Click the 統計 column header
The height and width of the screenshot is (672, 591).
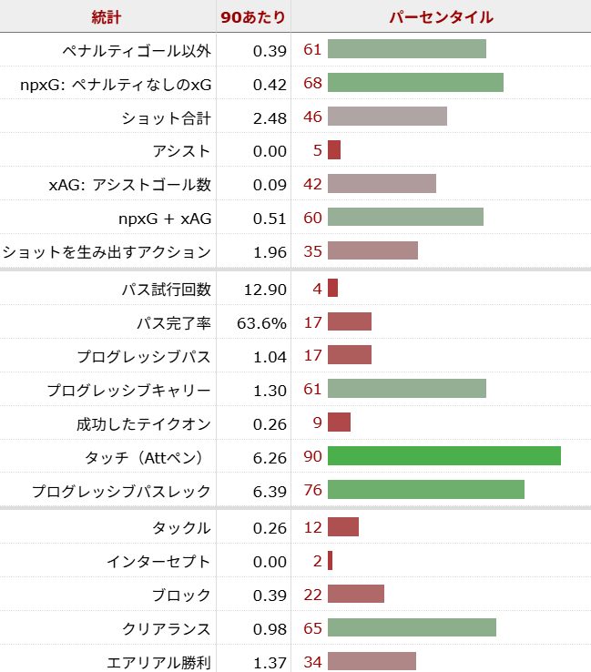coord(107,16)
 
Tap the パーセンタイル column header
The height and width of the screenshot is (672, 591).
coord(441,16)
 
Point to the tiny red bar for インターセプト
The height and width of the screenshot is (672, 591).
coord(330,561)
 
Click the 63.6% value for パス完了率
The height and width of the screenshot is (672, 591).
coord(262,322)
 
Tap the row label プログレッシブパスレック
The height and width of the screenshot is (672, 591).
coord(121,492)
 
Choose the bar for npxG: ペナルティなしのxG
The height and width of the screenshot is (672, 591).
coord(415,84)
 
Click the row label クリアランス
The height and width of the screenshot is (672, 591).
coord(167,629)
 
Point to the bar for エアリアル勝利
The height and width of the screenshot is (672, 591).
coord(372,662)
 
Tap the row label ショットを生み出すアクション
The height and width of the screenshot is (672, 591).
coord(107,251)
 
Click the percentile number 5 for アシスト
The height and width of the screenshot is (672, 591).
coord(317,151)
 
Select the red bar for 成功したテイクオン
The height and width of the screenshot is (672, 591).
coord(339,423)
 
